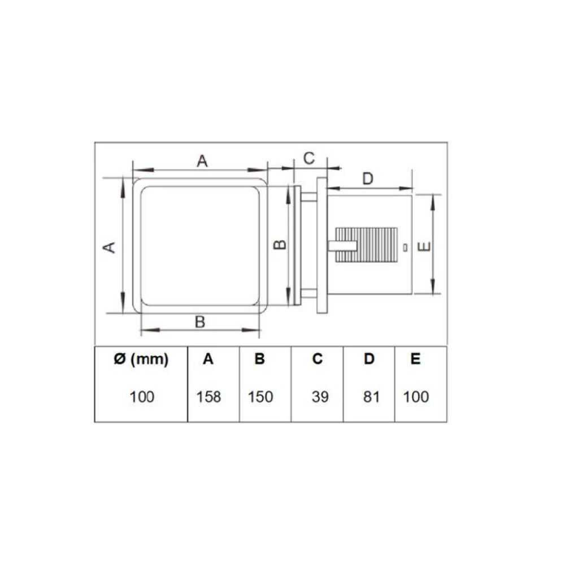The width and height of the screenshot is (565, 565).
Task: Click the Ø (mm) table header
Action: [141, 359]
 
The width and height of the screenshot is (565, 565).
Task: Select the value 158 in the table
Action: [208, 397]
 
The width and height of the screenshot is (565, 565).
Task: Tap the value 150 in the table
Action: [260, 397]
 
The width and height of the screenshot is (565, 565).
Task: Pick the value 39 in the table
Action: [320, 397]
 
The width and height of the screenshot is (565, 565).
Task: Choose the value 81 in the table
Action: [371, 397]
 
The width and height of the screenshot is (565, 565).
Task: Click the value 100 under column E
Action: [416, 397]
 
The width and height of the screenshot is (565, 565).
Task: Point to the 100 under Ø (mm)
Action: [142, 397]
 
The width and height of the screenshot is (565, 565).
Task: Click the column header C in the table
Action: [318, 359]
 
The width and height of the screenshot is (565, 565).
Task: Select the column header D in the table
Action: [369, 359]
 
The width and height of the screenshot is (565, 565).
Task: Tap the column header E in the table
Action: [415, 359]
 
